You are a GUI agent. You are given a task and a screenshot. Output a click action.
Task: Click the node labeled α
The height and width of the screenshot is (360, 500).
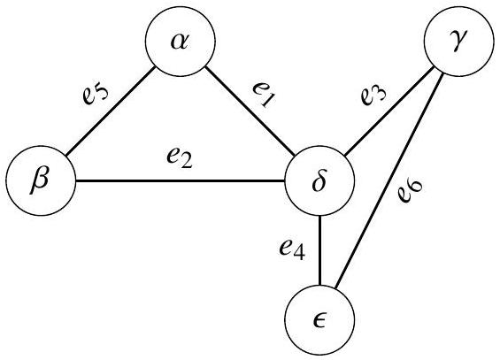click(181, 41)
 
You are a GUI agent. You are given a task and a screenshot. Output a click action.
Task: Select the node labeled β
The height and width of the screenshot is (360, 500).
click(41, 180)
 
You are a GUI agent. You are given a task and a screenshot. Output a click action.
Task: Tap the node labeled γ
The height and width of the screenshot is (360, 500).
click(459, 41)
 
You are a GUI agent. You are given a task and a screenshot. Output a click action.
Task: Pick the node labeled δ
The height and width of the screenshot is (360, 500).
click(319, 180)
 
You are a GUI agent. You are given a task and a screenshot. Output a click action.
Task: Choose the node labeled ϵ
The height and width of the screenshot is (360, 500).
click(319, 320)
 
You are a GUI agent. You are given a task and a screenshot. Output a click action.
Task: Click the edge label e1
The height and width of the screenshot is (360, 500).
click(264, 95)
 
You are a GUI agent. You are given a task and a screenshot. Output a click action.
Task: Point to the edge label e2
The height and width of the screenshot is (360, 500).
click(180, 157)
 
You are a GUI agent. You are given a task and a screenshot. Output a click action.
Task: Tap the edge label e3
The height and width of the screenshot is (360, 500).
click(373, 94)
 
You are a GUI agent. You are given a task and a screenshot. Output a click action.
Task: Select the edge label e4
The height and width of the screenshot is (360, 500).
click(292, 249)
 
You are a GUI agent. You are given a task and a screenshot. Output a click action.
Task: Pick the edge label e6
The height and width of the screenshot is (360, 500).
click(411, 191)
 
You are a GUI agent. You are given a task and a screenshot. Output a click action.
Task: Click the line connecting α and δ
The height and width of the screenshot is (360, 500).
click(250, 111)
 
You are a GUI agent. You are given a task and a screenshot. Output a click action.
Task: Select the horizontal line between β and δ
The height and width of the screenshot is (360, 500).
click(181, 181)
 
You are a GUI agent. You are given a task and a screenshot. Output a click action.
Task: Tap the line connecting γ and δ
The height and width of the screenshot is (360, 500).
click(389, 111)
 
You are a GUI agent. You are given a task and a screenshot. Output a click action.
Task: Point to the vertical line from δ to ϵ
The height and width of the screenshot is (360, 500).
click(319, 250)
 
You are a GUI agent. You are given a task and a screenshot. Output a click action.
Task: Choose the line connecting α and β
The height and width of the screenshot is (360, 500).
click(111, 111)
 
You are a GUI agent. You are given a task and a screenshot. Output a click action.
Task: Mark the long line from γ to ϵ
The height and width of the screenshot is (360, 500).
click(389, 180)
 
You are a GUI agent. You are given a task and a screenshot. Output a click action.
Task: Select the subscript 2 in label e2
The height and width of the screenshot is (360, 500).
click(186, 162)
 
